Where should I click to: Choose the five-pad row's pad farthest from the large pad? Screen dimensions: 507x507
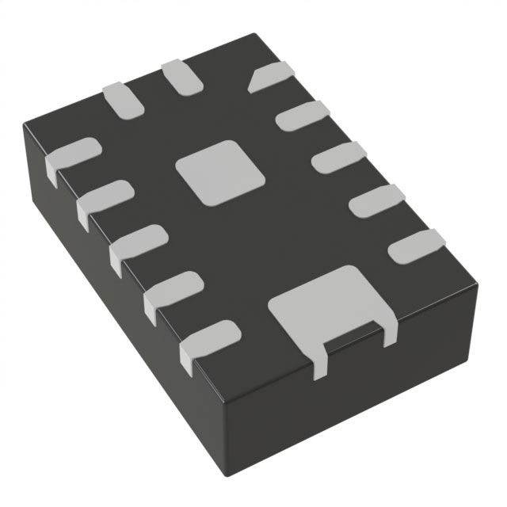click(71, 154)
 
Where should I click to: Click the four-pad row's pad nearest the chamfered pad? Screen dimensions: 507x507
click(301, 116)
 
